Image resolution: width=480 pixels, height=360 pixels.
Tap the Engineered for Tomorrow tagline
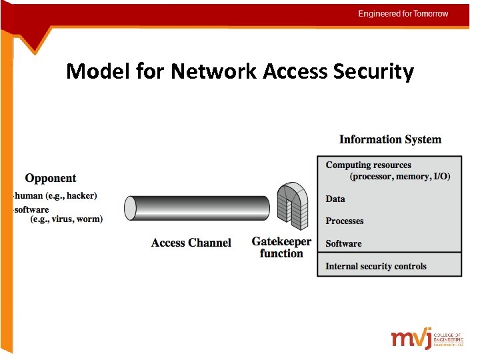[x=403, y=13]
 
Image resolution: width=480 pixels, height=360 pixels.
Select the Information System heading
[x=390, y=139]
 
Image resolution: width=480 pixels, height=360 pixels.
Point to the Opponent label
[x=51, y=178]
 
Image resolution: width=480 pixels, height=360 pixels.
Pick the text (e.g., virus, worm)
[x=67, y=219]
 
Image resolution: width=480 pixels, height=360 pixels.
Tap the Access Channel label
[x=191, y=243]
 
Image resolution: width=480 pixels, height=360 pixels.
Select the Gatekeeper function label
[x=281, y=247]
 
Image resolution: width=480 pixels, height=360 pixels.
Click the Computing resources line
[x=368, y=165]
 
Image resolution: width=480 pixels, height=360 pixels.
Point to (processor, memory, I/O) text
[x=400, y=177]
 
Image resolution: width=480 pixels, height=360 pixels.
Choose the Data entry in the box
[x=335, y=199]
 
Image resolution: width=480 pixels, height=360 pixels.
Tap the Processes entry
[x=345, y=221]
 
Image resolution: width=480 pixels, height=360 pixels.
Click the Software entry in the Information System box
[x=343, y=243]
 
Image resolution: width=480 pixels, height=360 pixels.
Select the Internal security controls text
[x=375, y=266]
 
